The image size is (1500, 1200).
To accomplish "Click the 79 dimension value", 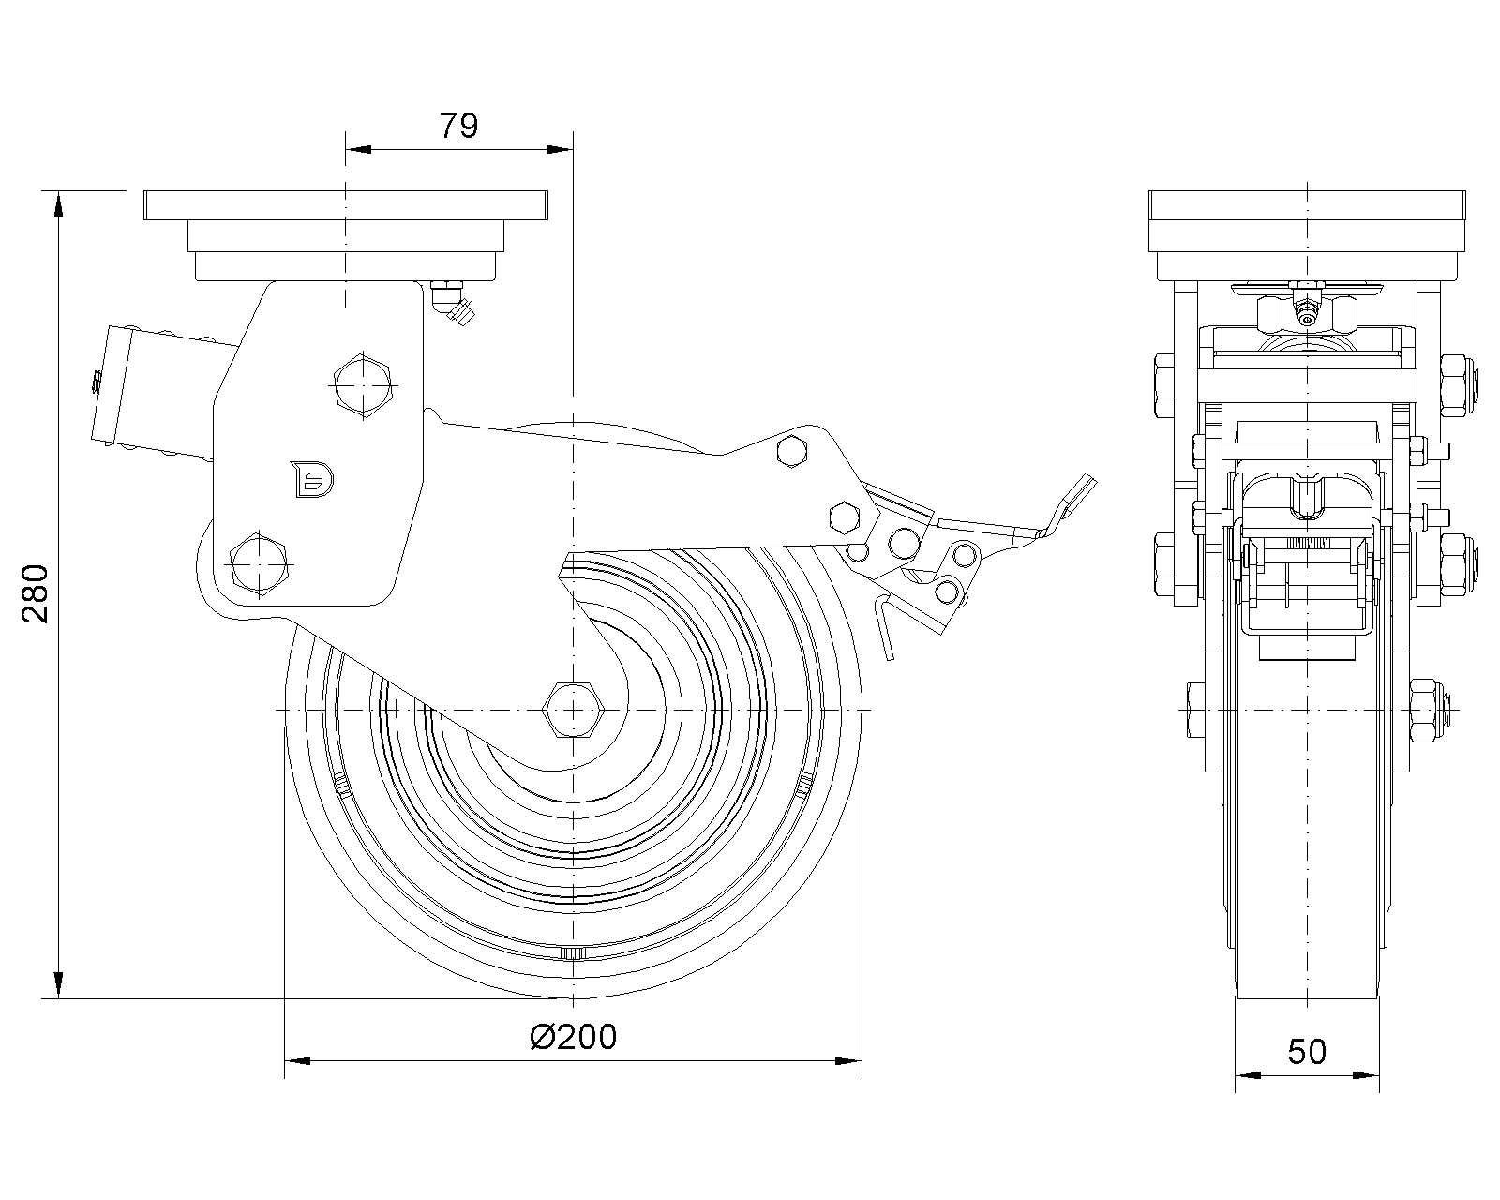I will [x=459, y=125].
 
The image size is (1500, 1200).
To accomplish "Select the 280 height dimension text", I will [x=34, y=593].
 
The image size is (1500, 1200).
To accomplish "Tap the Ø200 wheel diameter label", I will [x=573, y=1036].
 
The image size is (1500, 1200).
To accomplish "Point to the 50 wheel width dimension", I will [x=1307, y=1052].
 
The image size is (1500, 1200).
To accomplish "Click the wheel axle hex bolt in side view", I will [x=572, y=710].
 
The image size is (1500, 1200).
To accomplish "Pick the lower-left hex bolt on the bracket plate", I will [x=257, y=563].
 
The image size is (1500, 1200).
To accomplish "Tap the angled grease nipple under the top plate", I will [x=454, y=304].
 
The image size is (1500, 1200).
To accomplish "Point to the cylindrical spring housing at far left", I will [x=115, y=386].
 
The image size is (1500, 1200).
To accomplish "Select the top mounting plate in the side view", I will [x=345, y=204].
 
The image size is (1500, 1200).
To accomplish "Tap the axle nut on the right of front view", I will [x=1427, y=710].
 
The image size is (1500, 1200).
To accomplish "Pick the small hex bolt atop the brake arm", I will [x=792, y=452].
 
